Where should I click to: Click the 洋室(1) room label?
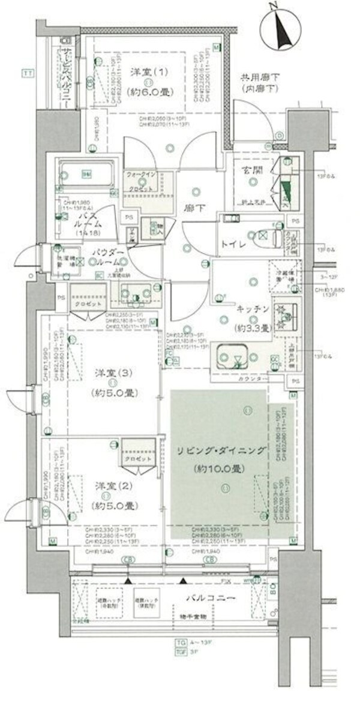click(143, 70)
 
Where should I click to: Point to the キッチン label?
click(251, 308)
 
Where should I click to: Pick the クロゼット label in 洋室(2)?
click(136, 458)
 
